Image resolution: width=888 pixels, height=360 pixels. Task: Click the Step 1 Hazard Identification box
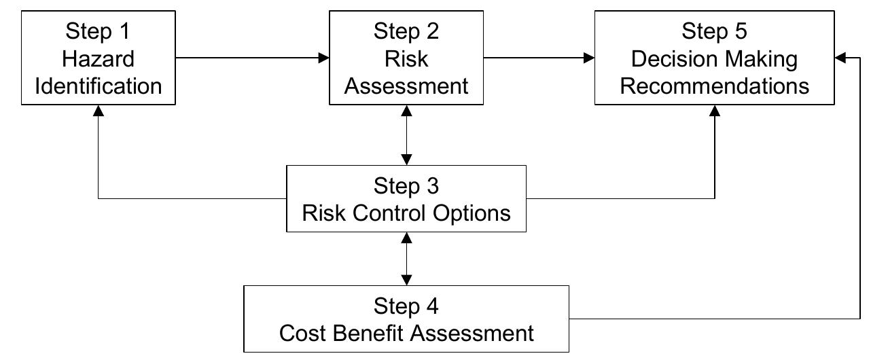(99, 58)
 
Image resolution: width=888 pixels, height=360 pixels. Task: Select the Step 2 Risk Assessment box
(406, 58)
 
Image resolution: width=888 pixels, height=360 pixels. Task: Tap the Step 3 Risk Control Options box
(406, 198)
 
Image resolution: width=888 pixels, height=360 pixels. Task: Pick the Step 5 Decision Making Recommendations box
(715, 58)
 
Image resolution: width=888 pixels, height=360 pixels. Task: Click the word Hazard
(99, 59)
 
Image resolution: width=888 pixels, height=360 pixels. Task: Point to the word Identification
(99, 86)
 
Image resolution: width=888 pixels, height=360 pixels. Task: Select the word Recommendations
(715, 86)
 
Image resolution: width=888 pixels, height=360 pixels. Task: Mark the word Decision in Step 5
(671, 59)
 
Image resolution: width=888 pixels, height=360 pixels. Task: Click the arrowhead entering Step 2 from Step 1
(324, 58)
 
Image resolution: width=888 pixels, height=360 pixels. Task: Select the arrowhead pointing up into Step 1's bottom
(99, 111)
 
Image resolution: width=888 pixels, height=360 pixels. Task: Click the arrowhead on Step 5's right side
(840, 58)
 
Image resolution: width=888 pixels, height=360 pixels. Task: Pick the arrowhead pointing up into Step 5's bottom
(715, 111)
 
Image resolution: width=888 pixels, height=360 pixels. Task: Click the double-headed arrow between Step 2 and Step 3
(406, 134)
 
